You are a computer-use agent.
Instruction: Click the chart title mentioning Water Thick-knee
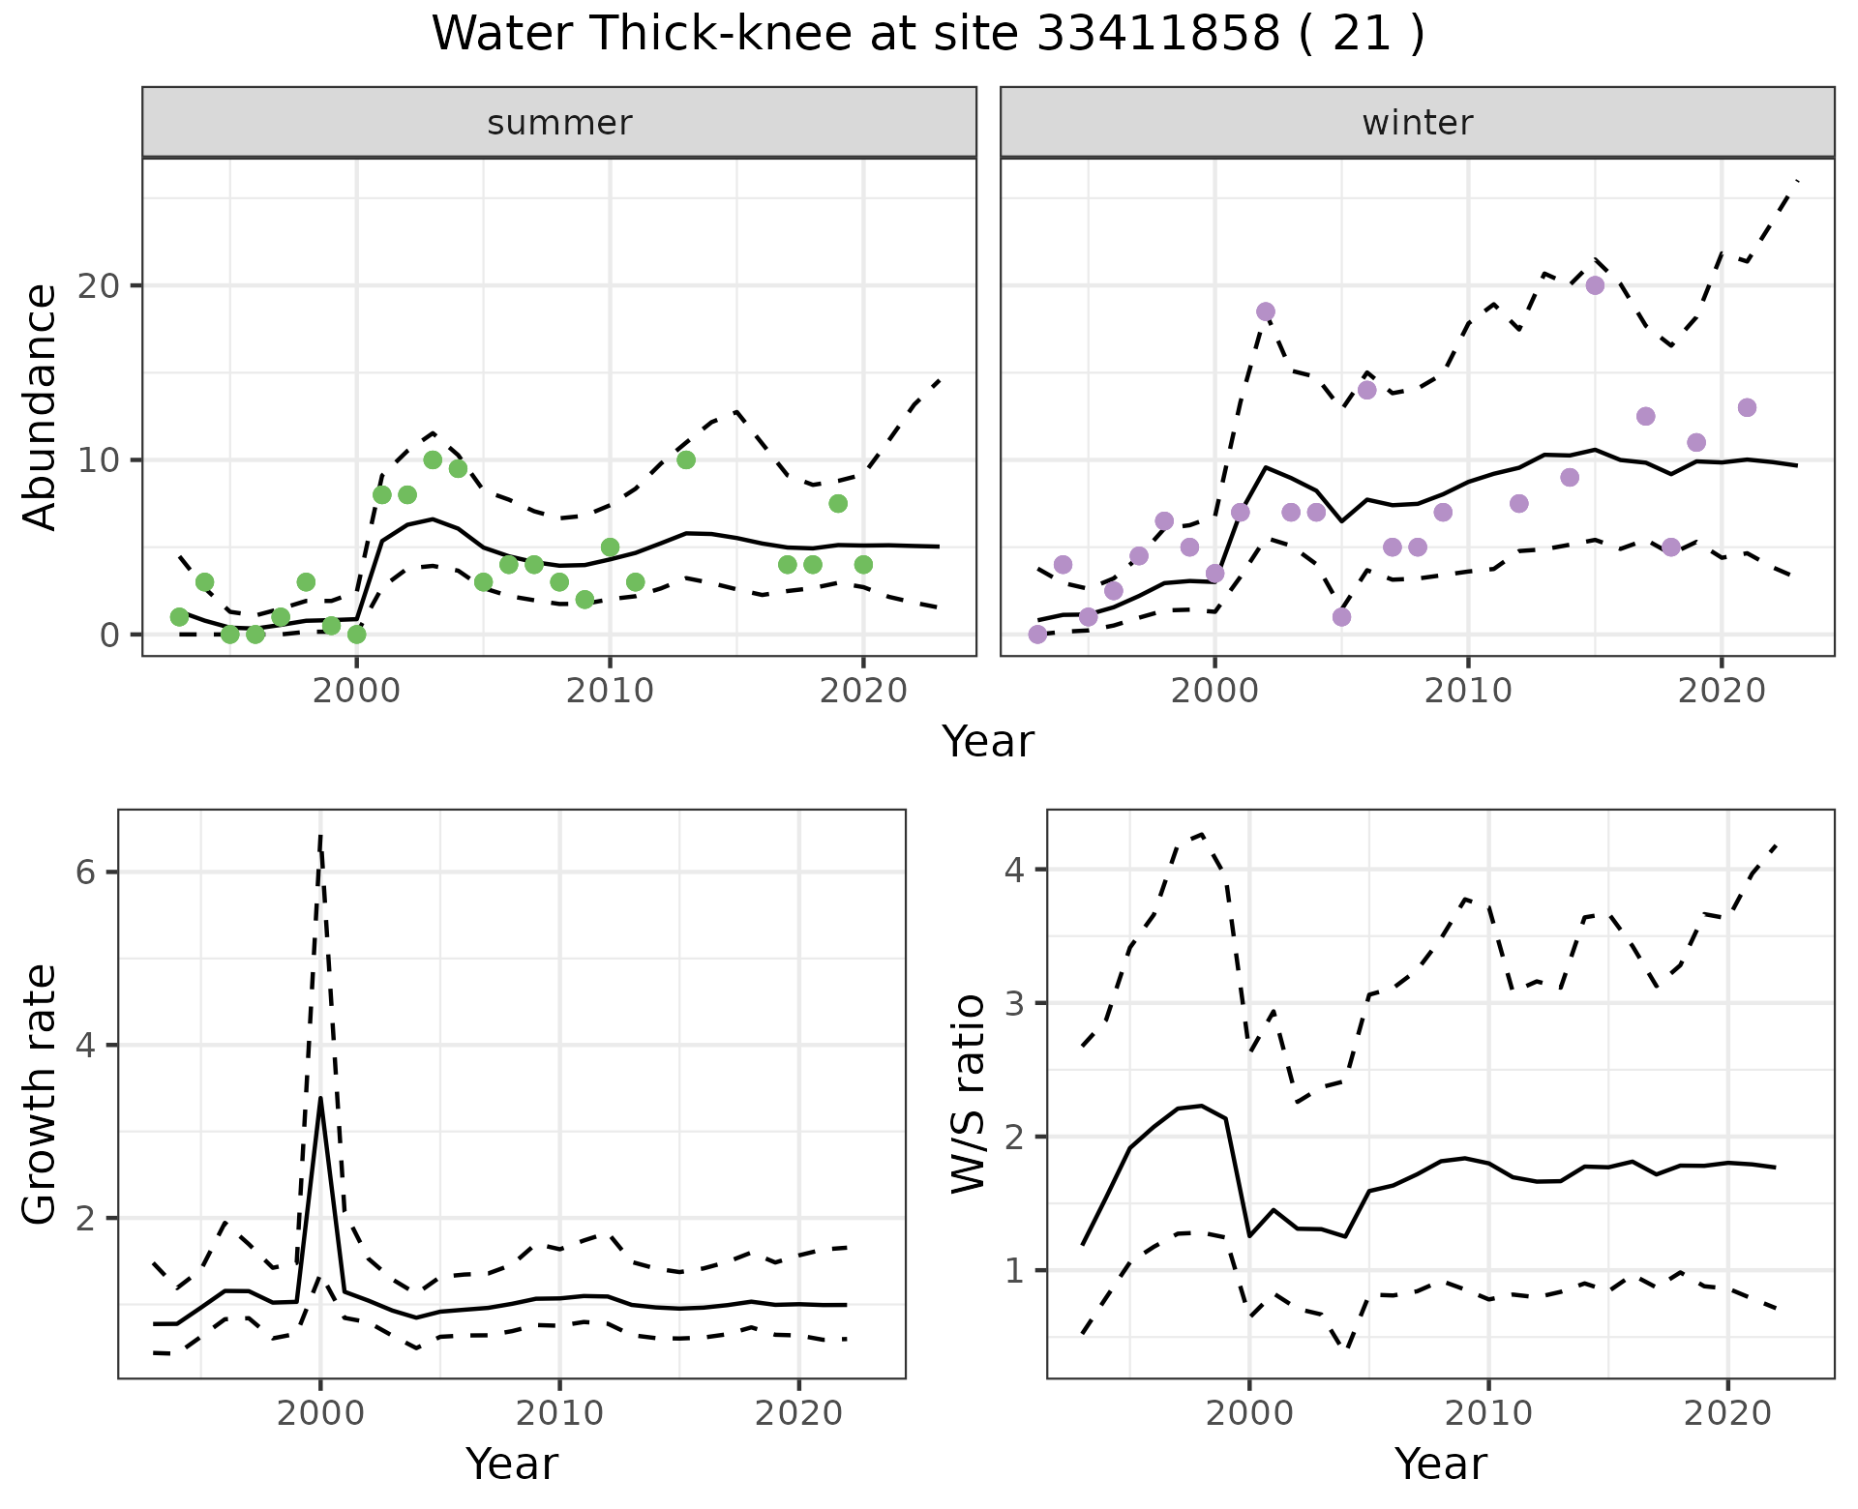(928, 35)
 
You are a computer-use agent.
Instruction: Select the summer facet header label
(559, 123)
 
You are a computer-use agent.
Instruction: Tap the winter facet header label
(1417, 123)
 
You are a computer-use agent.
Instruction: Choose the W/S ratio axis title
(968, 1094)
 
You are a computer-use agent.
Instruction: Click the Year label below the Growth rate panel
(512, 1464)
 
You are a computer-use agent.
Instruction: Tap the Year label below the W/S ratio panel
(1441, 1464)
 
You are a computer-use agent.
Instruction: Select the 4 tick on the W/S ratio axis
(1014, 870)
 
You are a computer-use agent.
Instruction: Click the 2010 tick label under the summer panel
(610, 691)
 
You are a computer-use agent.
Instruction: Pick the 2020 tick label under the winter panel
(1722, 691)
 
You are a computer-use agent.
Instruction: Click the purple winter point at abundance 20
(1595, 285)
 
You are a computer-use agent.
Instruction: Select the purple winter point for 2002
(1266, 311)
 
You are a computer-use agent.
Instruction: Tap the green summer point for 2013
(686, 459)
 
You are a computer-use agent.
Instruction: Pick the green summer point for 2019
(838, 503)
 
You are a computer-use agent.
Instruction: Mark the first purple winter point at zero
(1037, 635)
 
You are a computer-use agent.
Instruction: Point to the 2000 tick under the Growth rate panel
(320, 1413)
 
